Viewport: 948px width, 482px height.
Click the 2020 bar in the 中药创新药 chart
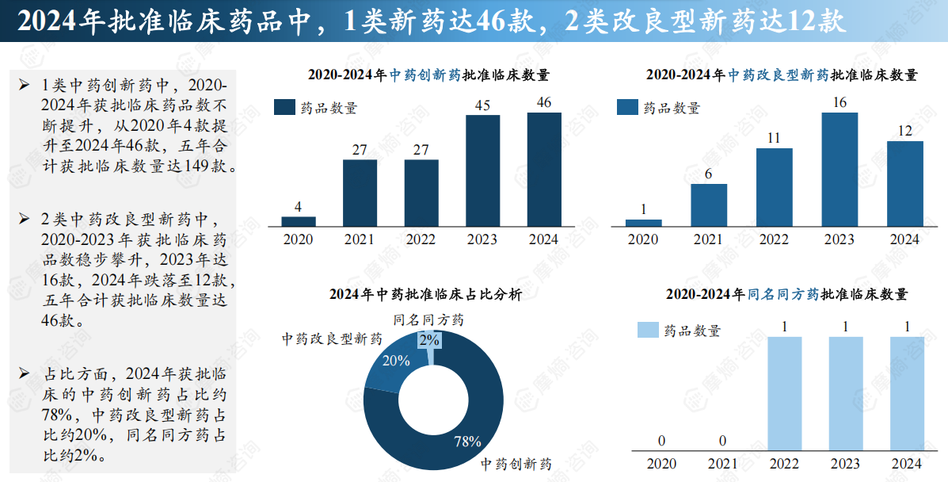298,221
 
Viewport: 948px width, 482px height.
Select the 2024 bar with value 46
544,169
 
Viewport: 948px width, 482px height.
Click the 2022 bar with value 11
774,187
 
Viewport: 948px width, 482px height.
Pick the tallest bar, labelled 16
839,169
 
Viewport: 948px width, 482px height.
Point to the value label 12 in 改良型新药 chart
904,131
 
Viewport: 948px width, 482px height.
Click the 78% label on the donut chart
467,442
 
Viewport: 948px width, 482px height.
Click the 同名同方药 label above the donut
428,320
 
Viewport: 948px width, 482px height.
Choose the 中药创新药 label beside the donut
516,464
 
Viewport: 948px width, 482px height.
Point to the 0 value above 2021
723,441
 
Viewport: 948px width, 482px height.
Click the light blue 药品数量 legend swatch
648,330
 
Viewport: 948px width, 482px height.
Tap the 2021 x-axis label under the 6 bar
708,239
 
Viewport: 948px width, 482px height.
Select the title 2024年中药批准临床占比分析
425,294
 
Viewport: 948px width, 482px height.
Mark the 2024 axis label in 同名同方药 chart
906,464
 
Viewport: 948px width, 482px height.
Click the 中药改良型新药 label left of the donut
332,339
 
